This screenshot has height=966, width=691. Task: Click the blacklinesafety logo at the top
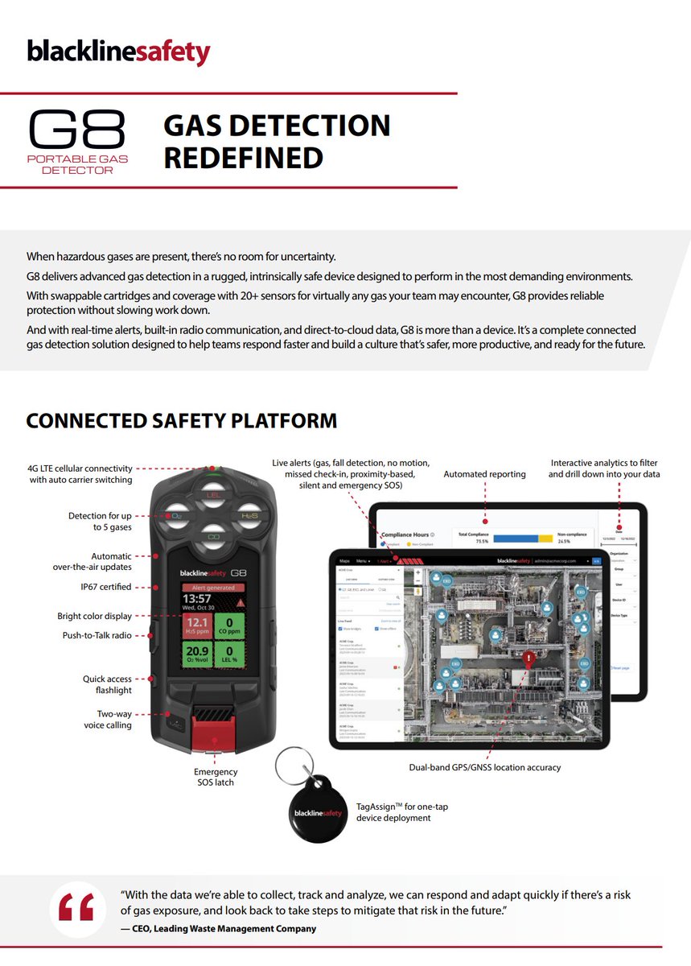coord(118,52)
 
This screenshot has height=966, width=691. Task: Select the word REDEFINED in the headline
coord(243,157)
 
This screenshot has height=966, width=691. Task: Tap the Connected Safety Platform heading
coord(181,420)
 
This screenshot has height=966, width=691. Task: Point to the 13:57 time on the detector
coord(197,599)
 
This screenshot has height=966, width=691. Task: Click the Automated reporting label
coord(484,474)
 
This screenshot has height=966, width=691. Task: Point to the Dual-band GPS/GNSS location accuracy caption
coord(484,767)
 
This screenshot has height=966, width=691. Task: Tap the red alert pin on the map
coord(527,659)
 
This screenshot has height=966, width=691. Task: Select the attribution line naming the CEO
coord(218,928)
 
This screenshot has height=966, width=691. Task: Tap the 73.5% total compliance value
coord(476,542)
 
